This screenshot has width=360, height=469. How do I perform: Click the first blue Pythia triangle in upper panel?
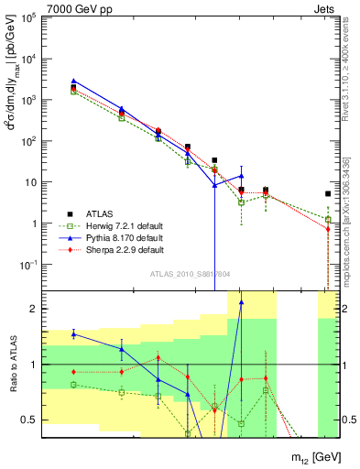[x=73, y=81]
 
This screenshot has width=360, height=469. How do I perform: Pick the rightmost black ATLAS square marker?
[x=328, y=193]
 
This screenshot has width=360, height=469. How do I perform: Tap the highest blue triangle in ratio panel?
[x=242, y=301]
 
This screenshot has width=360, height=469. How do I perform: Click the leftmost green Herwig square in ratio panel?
[x=73, y=384]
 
